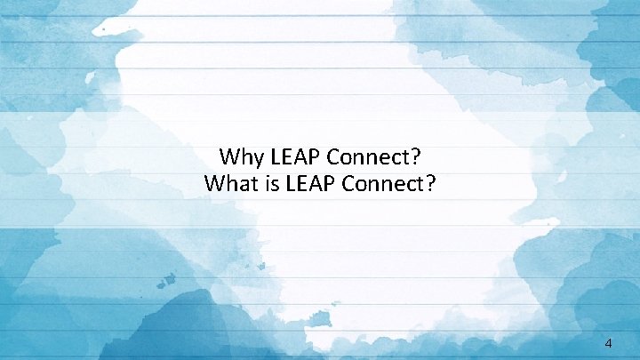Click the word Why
click(240, 158)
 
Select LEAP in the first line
click(294, 158)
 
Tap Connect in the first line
click(368, 158)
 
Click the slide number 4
click(608, 341)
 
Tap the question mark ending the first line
click(416, 158)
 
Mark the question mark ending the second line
click(429, 184)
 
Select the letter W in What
click(215, 184)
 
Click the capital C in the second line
click(348, 184)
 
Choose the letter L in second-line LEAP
click(287, 184)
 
